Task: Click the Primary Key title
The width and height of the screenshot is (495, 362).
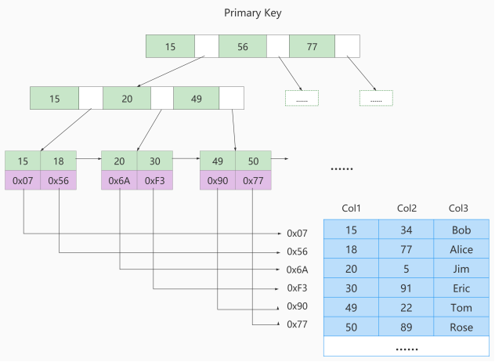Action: tap(252, 13)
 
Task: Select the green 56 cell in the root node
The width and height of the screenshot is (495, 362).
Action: tap(242, 46)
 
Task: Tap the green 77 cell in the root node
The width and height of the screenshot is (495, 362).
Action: tap(313, 46)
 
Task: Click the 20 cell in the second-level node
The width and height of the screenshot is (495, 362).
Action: tap(126, 98)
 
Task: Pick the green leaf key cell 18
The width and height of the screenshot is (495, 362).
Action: tap(58, 161)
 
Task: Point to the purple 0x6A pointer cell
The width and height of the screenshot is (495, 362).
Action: tap(119, 180)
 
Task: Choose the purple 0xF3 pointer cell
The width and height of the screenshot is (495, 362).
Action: tap(155, 180)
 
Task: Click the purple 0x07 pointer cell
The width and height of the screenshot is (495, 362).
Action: tap(23, 180)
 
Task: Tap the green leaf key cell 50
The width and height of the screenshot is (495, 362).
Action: tap(253, 161)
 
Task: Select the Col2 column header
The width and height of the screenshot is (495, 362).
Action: tap(406, 208)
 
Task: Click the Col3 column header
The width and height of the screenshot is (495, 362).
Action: tap(459, 208)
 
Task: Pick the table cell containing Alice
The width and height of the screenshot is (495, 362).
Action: tap(462, 250)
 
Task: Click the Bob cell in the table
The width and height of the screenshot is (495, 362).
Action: tap(462, 230)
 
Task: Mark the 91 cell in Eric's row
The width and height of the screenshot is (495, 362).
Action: tap(406, 288)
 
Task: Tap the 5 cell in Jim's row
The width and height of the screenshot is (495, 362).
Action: tap(406, 269)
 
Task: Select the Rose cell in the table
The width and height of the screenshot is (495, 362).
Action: tap(462, 327)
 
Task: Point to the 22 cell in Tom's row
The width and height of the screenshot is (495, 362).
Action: tap(406, 307)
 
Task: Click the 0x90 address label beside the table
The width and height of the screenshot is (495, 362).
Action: tap(298, 306)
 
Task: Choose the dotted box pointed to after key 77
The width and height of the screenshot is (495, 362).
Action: tap(376, 99)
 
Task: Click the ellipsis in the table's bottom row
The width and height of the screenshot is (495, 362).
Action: tap(406, 346)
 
